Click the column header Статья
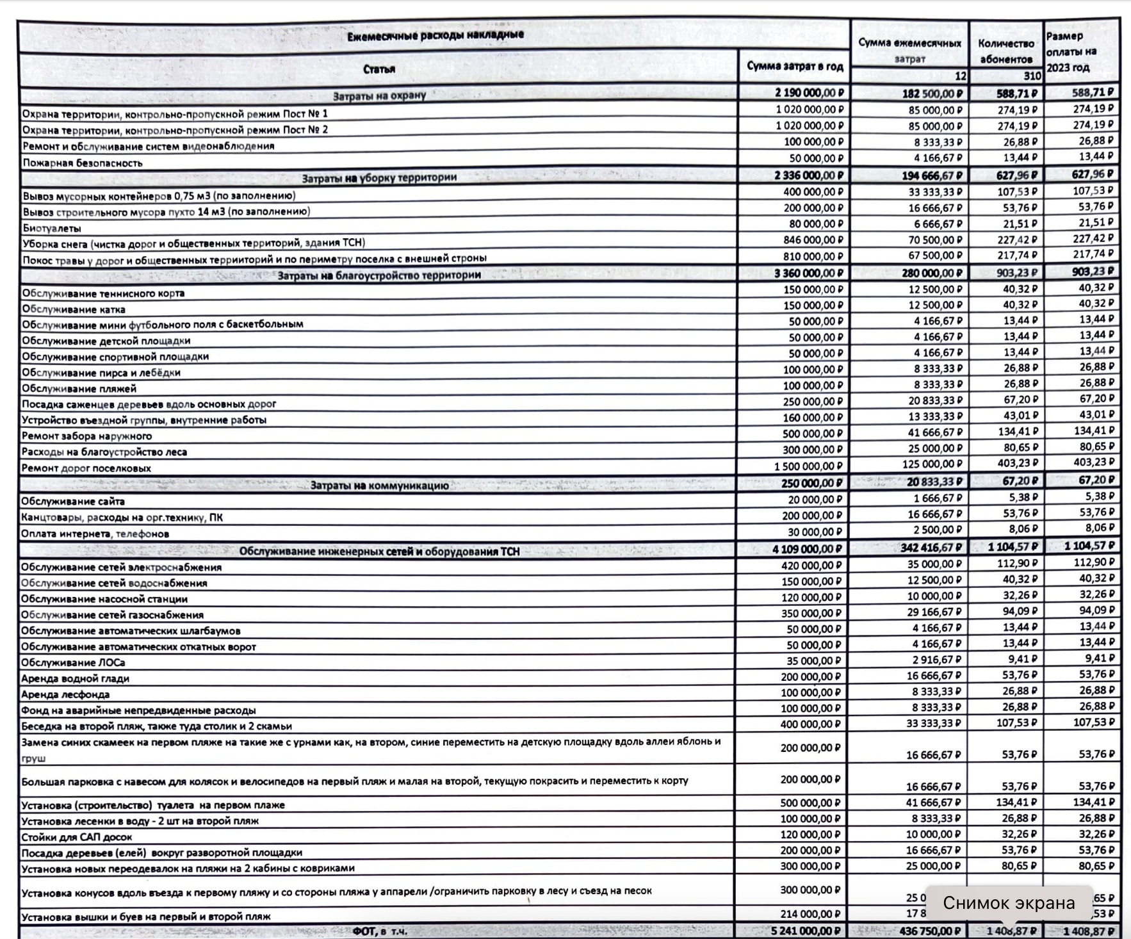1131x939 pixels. (x=378, y=69)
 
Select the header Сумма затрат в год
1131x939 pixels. (x=794, y=66)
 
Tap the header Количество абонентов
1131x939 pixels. (x=1005, y=51)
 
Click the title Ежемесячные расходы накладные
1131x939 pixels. (x=435, y=35)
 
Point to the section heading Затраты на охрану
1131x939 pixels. (x=378, y=96)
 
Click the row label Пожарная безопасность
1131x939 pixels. (x=83, y=163)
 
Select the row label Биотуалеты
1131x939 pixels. (x=52, y=228)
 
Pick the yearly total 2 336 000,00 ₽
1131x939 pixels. (x=809, y=175)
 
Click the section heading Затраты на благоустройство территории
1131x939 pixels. (x=378, y=275)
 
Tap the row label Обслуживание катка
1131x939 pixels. (x=74, y=309)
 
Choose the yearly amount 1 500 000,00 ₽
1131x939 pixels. (x=809, y=466)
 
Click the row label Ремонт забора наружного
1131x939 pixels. (x=87, y=436)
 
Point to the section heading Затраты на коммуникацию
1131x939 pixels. (x=379, y=486)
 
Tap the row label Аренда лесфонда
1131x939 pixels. (x=65, y=694)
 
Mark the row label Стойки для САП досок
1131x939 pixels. (x=77, y=837)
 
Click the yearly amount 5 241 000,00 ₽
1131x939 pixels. (x=806, y=931)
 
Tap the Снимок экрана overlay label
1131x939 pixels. (x=1009, y=903)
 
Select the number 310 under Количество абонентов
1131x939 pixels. (x=1032, y=76)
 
